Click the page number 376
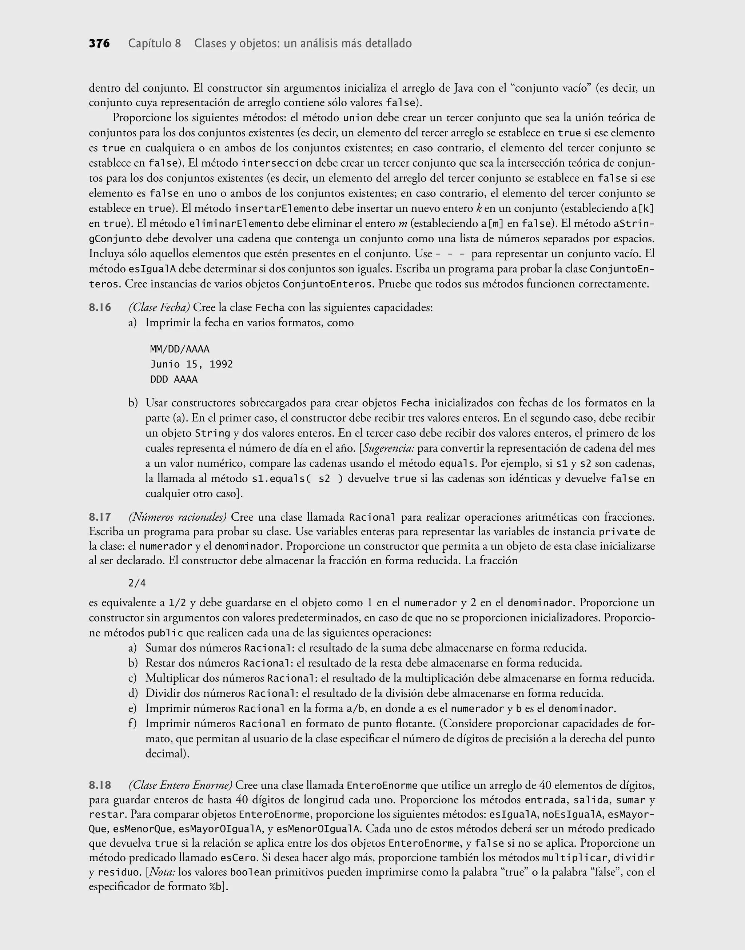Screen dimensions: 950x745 click(x=99, y=44)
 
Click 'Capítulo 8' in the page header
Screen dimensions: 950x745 click(x=154, y=44)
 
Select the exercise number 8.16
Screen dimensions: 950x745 click(x=100, y=307)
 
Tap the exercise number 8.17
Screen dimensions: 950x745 click(x=100, y=517)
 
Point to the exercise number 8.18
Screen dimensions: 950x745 click(x=100, y=785)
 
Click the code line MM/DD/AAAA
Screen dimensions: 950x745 click(x=180, y=349)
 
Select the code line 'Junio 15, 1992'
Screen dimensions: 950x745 click(x=191, y=364)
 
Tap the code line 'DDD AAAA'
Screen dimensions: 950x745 click(x=174, y=379)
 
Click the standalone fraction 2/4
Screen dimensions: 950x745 click(x=137, y=583)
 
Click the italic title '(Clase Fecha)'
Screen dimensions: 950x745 click(x=159, y=307)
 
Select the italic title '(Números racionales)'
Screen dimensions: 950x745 click(x=177, y=517)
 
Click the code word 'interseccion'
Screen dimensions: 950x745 click(x=276, y=163)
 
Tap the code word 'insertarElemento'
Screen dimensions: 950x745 click(x=281, y=208)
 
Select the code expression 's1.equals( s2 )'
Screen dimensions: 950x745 click(x=298, y=478)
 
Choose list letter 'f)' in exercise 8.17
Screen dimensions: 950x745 click(x=133, y=724)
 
